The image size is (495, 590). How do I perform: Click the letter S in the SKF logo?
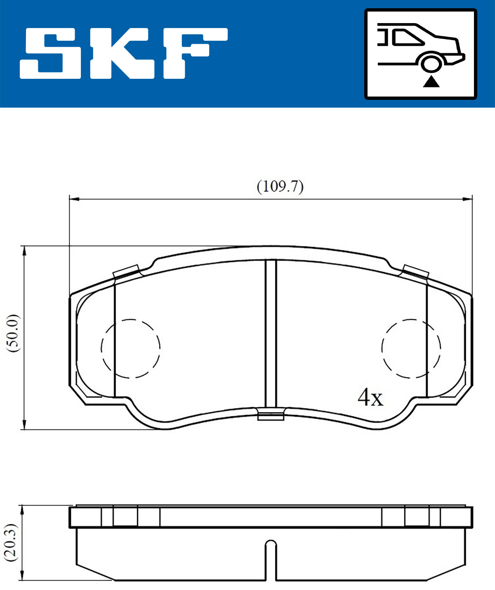coord(50,53)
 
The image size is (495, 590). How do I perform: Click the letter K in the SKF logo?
coord(123,53)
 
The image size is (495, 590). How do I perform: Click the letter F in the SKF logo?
coord(196,53)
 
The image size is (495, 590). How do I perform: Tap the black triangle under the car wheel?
coord(431,82)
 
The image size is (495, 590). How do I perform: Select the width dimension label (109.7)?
coord(280,187)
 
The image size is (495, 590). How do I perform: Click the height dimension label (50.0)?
coord(13,333)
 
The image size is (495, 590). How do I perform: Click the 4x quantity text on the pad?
coord(370,397)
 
